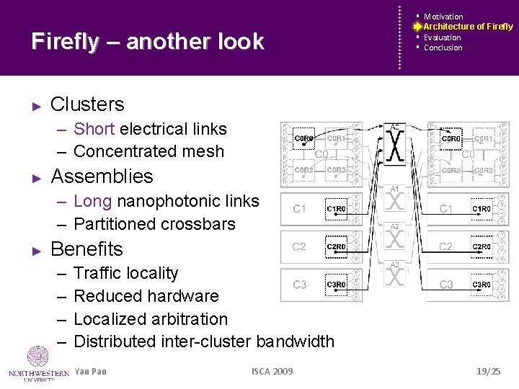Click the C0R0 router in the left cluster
point(305,138)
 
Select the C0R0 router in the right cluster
point(451,138)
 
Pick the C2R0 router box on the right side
point(482,246)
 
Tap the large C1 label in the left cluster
point(300,209)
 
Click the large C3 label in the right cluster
point(446,285)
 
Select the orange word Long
point(92,201)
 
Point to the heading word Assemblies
point(102,176)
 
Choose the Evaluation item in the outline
point(442,37)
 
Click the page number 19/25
point(488,372)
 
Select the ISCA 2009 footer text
point(272,372)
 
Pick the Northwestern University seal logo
point(37,357)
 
